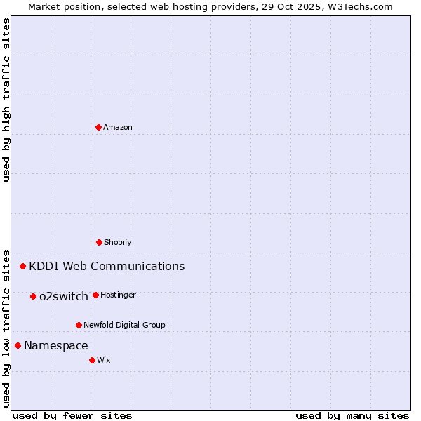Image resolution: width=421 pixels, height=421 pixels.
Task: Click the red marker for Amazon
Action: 98,127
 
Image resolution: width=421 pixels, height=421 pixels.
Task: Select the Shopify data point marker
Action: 99,242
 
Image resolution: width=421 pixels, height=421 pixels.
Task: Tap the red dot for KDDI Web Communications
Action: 23,266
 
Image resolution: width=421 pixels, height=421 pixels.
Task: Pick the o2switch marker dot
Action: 33,296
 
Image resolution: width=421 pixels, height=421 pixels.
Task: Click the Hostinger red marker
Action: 95,295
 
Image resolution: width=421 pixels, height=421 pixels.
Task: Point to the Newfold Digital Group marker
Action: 79,325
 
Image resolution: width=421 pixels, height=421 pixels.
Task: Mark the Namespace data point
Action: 18,345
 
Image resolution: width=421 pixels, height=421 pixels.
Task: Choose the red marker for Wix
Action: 92,360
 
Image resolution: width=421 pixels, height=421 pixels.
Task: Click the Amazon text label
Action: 118,127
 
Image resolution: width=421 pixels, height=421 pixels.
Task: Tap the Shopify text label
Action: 118,242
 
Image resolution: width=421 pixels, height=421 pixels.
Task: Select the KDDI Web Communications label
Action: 107,266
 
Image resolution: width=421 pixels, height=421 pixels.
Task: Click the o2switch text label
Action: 64,296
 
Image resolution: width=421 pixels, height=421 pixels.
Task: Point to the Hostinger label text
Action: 118,295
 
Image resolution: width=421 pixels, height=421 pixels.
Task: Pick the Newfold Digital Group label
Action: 124,325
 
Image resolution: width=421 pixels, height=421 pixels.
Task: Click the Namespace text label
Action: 56,345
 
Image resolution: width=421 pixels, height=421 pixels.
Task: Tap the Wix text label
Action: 104,360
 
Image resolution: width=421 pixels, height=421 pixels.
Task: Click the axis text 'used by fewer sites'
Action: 72,415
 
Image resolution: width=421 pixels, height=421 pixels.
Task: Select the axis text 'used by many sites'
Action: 352,415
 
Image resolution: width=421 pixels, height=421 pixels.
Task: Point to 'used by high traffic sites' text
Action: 6,100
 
